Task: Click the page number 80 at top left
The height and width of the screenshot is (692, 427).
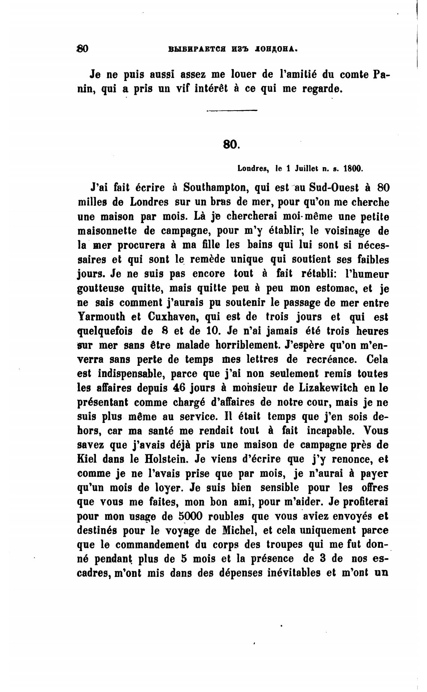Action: coord(82,49)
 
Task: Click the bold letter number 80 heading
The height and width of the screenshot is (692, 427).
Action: coord(230,144)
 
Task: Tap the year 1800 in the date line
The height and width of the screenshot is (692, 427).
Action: coord(354,169)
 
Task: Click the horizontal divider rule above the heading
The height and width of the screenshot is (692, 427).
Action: coord(232,110)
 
